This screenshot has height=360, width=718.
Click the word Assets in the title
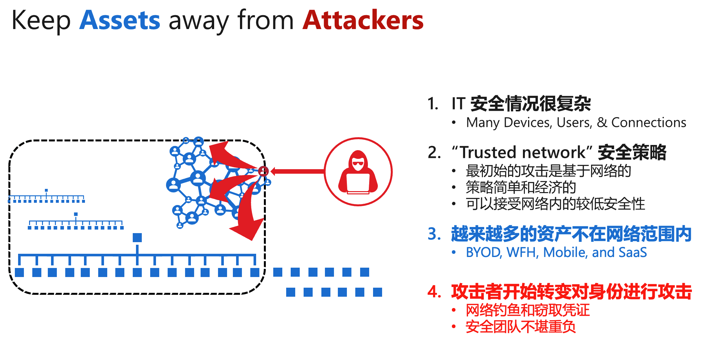[120, 20]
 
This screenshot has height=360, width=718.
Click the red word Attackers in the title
[363, 20]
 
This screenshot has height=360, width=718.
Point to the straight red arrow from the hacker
[297, 171]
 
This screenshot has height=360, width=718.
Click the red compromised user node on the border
[264, 171]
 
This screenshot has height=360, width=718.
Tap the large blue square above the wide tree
[137, 238]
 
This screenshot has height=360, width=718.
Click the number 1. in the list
[433, 104]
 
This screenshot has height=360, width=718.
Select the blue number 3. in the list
[434, 234]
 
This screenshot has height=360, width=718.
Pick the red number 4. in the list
[434, 292]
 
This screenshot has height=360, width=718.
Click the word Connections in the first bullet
[649, 123]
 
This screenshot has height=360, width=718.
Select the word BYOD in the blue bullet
[483, 252]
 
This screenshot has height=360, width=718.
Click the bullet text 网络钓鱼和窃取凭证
[527, 310]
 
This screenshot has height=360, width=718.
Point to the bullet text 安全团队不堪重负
[520, 327]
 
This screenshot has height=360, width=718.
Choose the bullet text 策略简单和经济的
[521, 187]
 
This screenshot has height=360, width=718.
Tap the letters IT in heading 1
[458, 104]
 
